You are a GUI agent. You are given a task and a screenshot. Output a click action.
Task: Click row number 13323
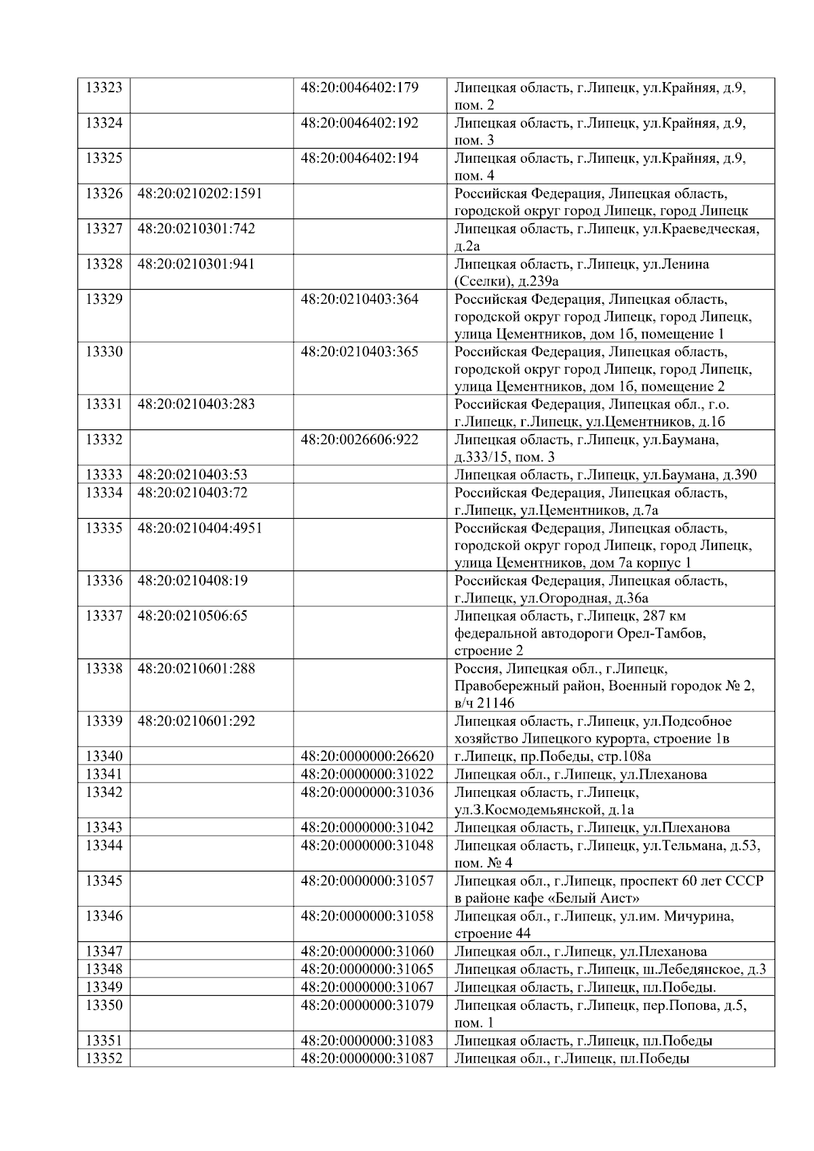pyautogui.click(x=104, y=87)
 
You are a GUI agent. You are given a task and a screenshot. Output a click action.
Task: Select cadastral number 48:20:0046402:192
pyautogui.click(x=360, y=123)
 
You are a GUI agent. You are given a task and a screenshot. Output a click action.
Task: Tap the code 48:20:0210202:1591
pyautogui.click(x=199, y=193)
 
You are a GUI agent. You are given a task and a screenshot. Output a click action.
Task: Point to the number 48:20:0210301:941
pyautogui.click(x=196, y=264)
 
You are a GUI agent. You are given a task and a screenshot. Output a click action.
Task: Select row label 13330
pyautogui.click(x=104, y=351)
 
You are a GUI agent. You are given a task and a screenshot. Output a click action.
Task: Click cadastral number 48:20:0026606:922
pyautogui.click(x=360, y=440)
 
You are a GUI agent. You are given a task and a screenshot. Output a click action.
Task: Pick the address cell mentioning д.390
pyautogui.click(x=605, y=475)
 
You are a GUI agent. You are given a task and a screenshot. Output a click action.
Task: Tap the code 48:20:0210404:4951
pyautogui.click(x=199, y=528)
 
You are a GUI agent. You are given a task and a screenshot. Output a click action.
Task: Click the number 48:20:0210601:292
pyautogui.click(x=196, y=721)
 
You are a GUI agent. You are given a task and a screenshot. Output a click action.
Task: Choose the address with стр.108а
pyautogui.click(x=552, y=756)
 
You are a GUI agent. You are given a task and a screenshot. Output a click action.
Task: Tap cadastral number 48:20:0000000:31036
pyautogui.click(x=367, y=792)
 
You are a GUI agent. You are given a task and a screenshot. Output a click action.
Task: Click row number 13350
pyautogui.click(x=104, y=1005)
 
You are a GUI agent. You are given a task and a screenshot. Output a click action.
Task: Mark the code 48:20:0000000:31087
pyautogui.click(x=367, y=1058)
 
